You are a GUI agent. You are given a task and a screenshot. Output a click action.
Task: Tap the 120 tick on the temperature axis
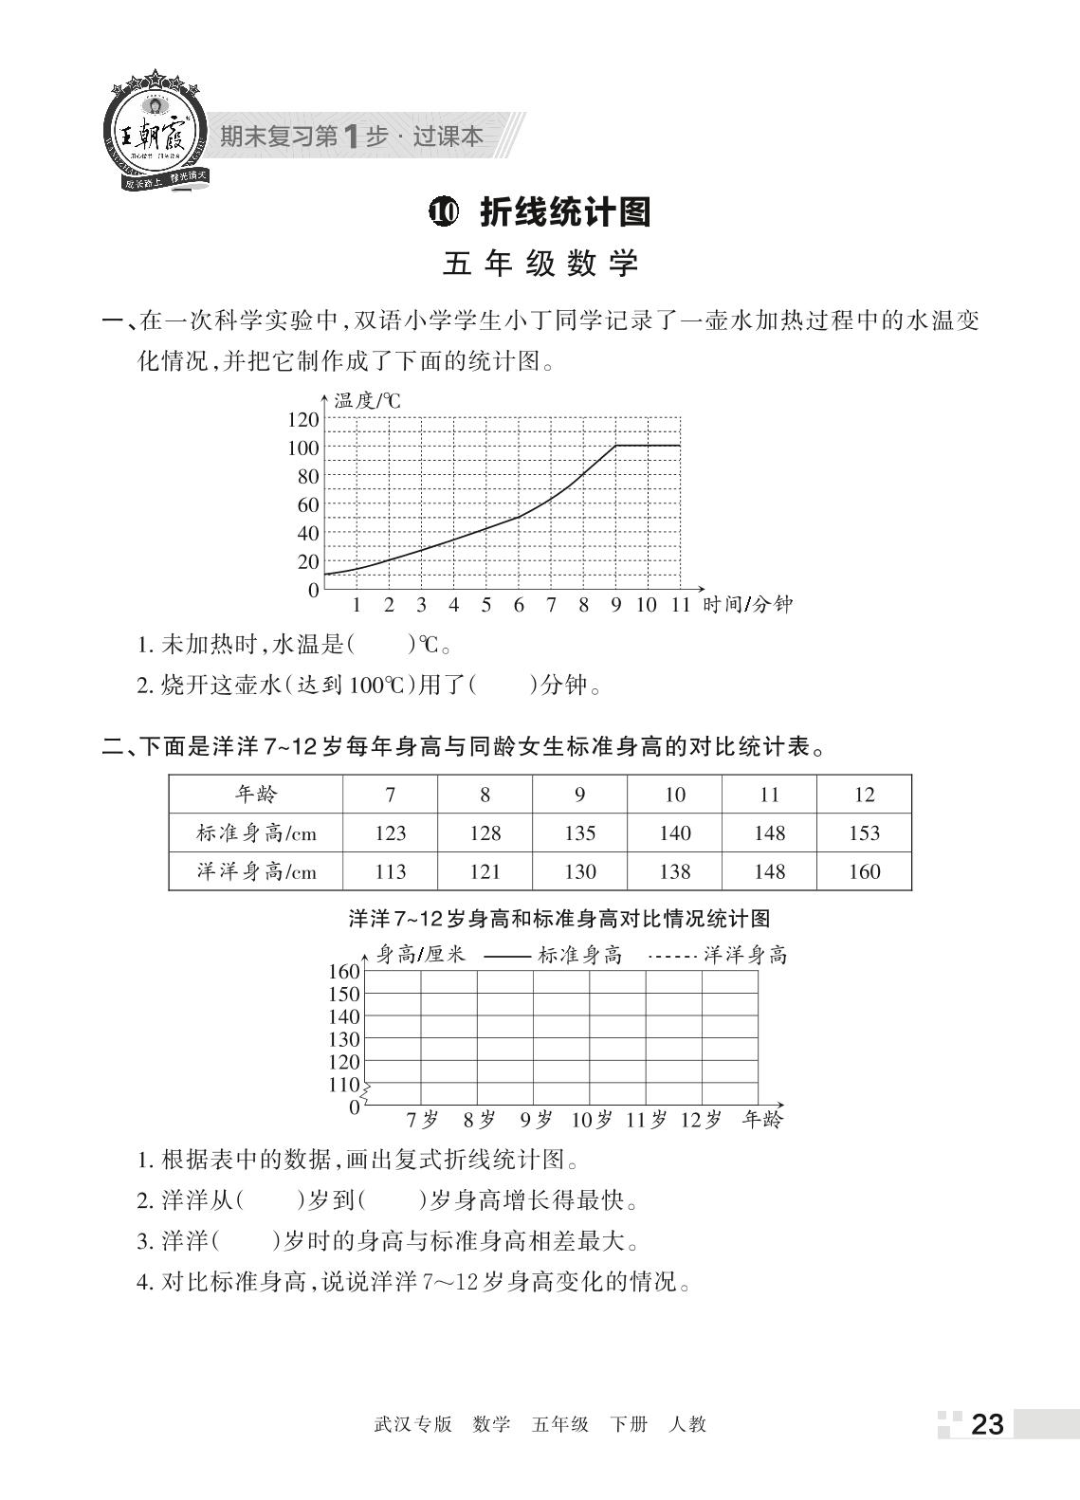tap(303, 419)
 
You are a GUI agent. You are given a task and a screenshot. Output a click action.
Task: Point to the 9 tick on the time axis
tap(615, 605)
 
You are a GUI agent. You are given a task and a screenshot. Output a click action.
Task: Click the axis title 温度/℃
tap(367, 401)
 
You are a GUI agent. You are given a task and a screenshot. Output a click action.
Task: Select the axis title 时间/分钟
tap(747, 605)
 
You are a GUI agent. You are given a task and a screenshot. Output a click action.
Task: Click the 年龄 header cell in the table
tap(256, 794)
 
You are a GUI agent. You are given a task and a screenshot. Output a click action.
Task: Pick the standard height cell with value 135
tap(579, 832)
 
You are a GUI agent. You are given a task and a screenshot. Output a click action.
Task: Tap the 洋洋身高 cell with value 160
tap(864, 871)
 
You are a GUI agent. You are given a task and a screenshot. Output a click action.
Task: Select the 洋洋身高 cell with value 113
tap(390, 871)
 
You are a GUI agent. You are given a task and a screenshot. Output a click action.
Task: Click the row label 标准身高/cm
tap(256, 832)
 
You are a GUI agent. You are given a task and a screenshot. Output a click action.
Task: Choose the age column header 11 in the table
tap(769, 794)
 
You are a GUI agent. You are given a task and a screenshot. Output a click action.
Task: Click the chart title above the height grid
tap(558, 918)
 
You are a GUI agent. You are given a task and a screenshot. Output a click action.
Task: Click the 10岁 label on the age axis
tap(591, 1120)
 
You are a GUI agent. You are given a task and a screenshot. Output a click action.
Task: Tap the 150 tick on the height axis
tap(344, 994)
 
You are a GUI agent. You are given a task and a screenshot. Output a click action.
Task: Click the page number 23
tap(987, 1424)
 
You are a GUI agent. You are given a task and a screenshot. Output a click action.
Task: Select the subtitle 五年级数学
tap(540, 264)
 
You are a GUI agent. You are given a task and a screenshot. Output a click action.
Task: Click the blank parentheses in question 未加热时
tap(383, 646)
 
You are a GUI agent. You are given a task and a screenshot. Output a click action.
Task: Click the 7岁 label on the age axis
tap(422, 1120)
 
